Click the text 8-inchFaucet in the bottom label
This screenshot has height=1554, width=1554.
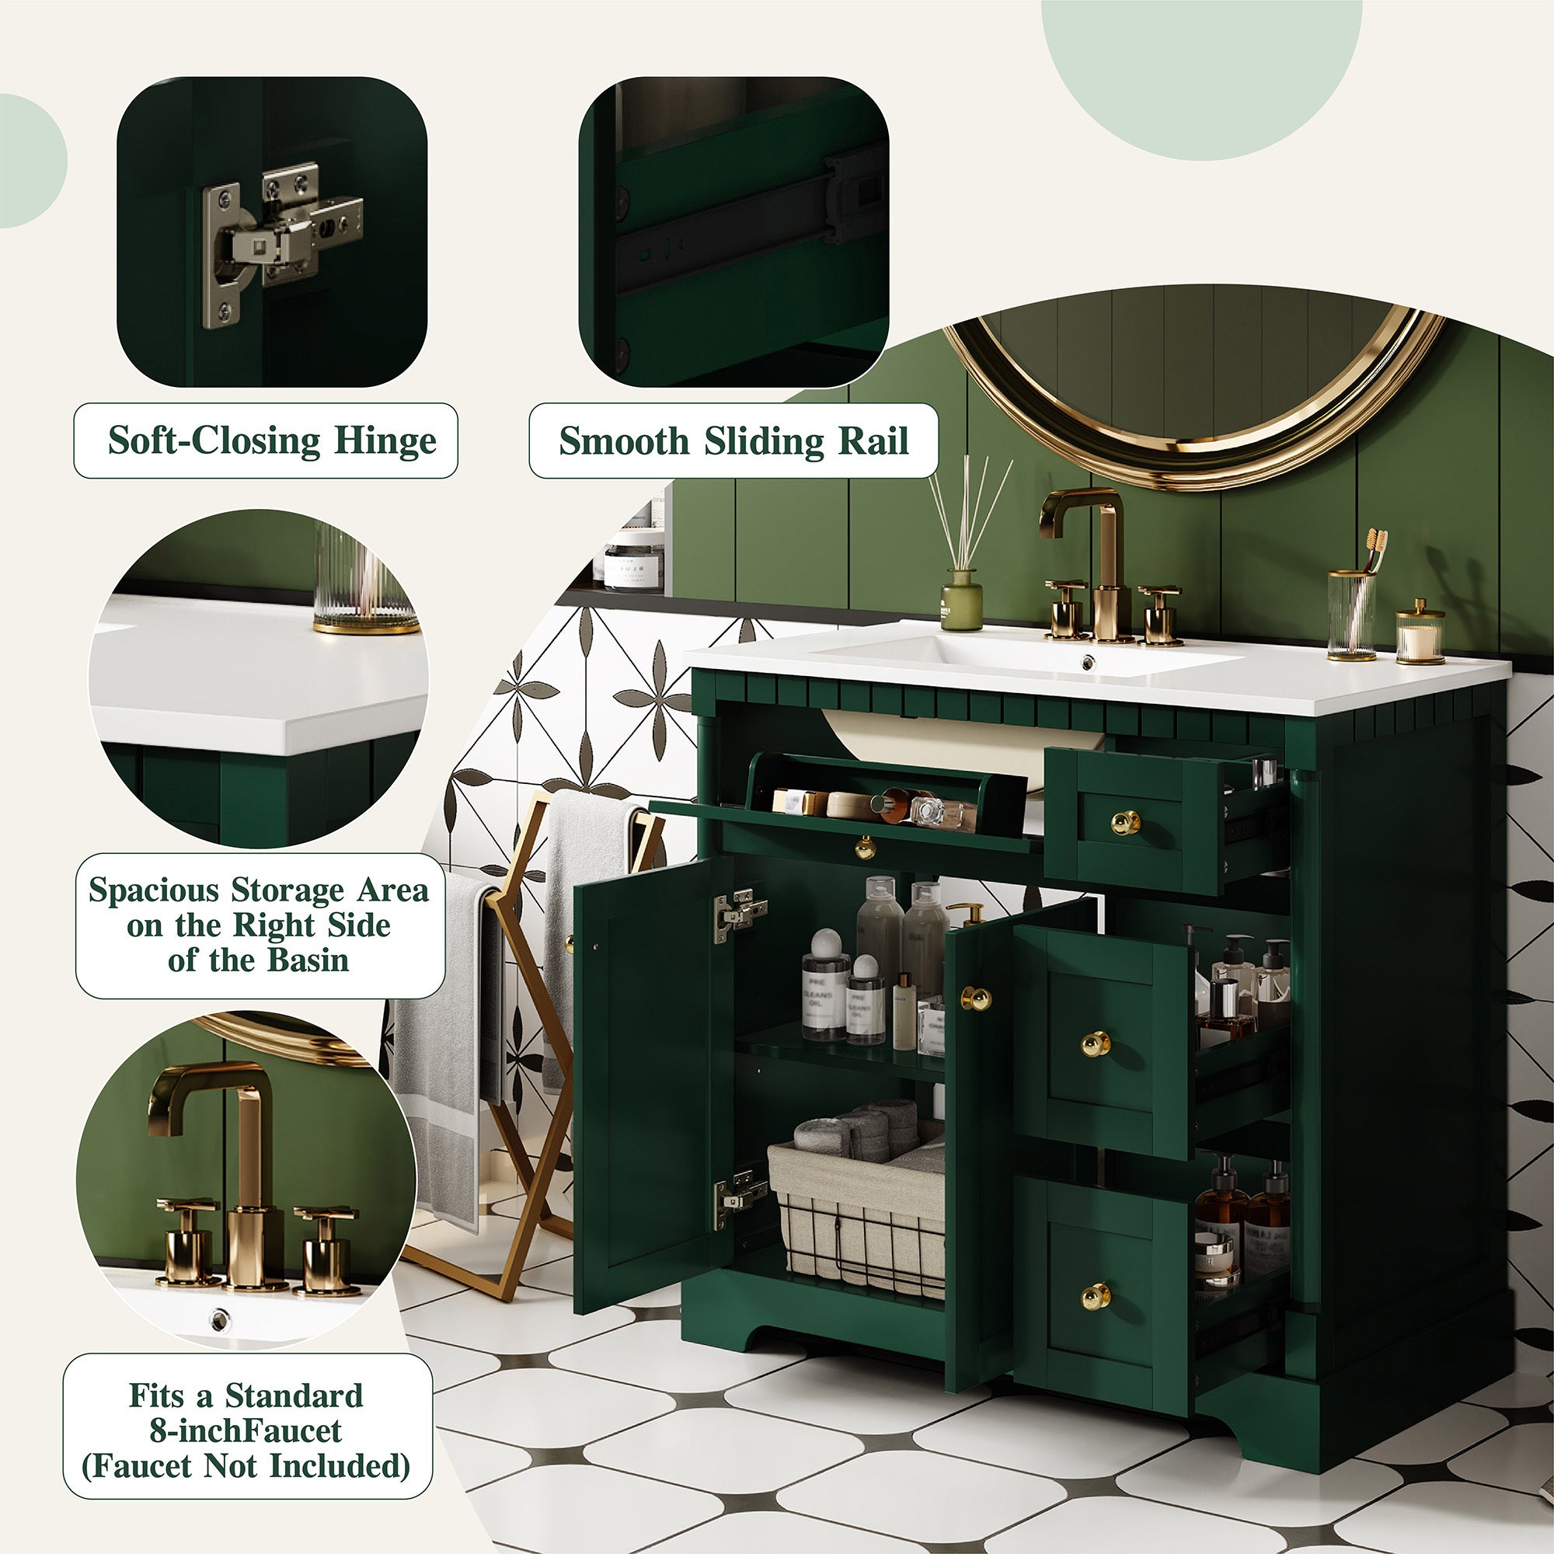(246, 1430)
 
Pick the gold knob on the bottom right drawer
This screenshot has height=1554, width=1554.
(1094, 1295)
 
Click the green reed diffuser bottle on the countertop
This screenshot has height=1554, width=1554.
(961, 599)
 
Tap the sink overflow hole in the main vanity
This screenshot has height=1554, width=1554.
(1088, 662)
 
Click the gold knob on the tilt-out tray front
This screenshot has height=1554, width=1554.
(864, 847)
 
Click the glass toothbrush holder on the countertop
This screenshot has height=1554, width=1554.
(1351, 615)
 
